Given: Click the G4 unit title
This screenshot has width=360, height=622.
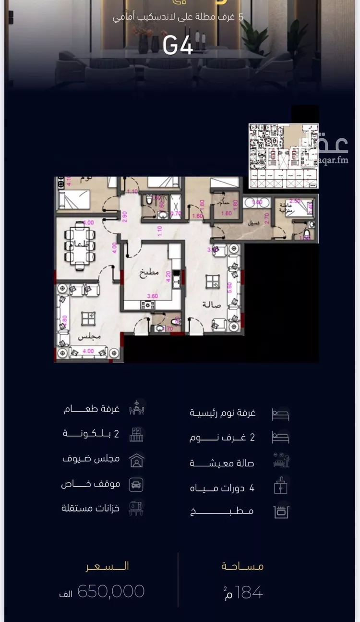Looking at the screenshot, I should (178, 46).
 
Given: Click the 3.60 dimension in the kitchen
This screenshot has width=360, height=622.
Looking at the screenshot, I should (152, 296).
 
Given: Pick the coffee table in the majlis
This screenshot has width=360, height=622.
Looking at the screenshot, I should (88, 318).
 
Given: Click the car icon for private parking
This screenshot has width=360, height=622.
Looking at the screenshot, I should (136, 484).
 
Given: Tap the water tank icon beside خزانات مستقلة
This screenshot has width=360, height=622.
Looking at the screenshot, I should (136, 509).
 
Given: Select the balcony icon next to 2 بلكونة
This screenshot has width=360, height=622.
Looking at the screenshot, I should (137, 435).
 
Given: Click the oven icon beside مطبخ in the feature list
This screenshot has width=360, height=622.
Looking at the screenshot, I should (281, 512).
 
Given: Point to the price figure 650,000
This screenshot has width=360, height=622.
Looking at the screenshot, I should (111, 591).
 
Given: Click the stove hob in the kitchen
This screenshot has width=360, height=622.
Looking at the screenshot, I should (148, 305).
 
